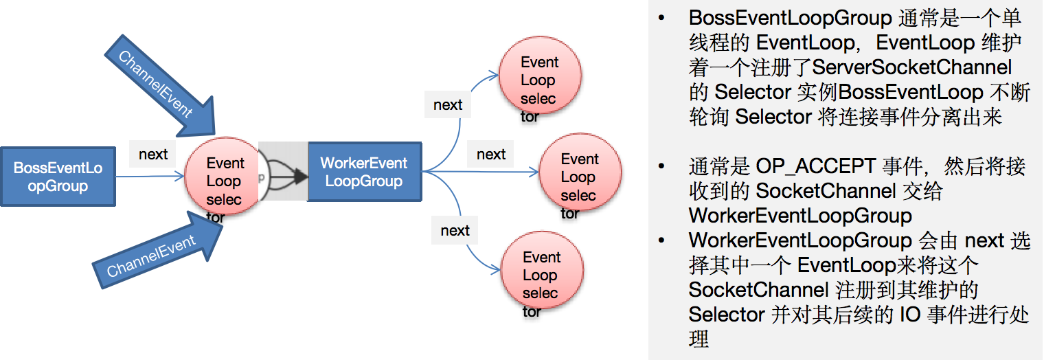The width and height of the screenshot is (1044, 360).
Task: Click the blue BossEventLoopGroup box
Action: click(x=57, y=177)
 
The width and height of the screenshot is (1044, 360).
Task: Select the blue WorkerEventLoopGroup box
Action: click(x=363, y=172)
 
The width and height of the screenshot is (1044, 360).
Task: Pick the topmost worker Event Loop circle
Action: click(x=538, y=80)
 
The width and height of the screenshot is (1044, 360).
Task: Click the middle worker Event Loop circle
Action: click(x=579, y=177)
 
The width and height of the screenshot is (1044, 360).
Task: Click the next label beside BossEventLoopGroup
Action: click(x=152, y=154)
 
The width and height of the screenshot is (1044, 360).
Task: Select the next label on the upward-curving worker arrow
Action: click(x=448, y=105)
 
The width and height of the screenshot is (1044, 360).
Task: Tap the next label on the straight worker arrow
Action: click(x=491, y=155)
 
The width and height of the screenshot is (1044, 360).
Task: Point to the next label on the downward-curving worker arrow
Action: click(x=455, y=230)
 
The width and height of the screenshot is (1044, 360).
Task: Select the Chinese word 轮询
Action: click(x=709, y=117)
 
